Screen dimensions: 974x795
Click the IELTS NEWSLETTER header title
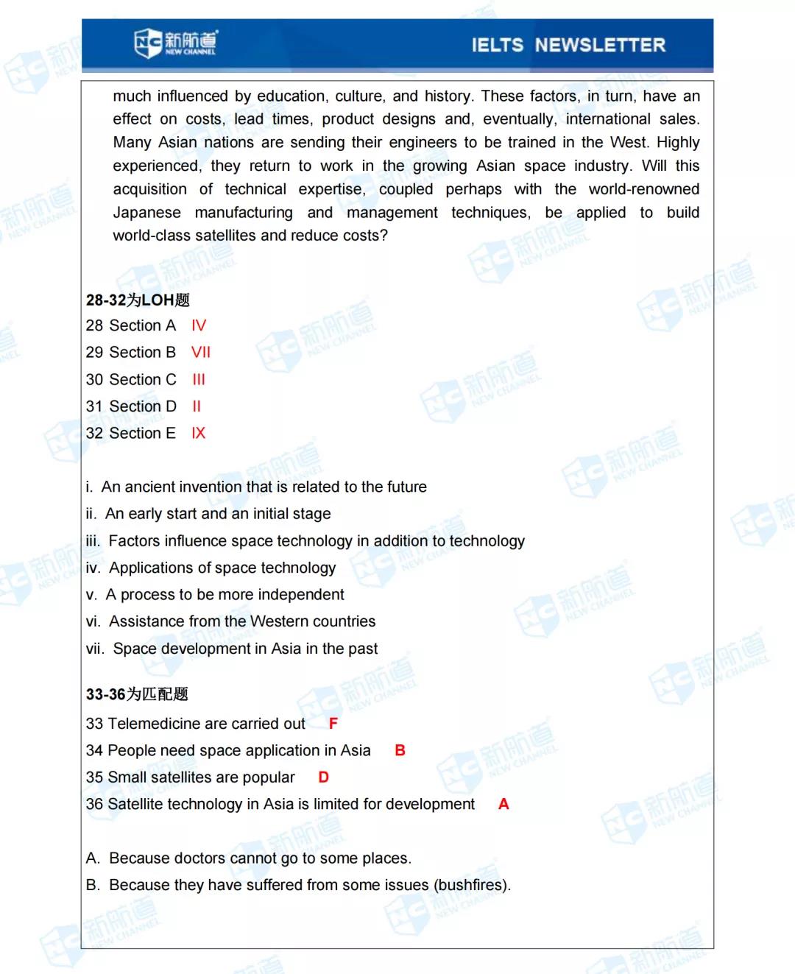tap(568, 45)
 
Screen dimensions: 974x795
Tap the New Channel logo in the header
tap(176, 43)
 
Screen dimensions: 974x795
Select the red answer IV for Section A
tap(199, 325)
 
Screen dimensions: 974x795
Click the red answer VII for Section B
tap(201, 352)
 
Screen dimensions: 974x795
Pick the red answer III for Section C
tap(199, 379)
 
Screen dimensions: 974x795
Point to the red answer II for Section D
tap(197, 406)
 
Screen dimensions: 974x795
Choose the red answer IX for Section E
tap(198, 433)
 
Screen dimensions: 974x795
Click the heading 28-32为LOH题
tap(138, 300)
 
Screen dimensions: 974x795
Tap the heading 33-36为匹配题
tap(137, 694)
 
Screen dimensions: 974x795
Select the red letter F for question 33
tap(333, 724)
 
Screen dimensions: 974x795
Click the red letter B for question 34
tap(400, 750)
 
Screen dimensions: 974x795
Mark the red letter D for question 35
tap(323, 777)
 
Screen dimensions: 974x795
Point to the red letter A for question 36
tap(504, 804)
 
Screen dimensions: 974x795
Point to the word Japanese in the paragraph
tap(146, 213)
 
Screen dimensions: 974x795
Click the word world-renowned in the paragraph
tap(643, 189)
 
